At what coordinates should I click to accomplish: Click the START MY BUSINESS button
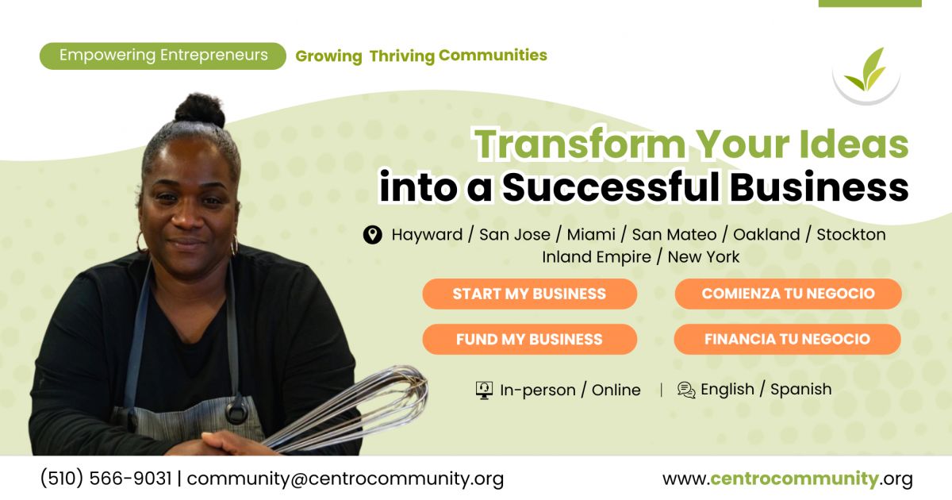(530, 294)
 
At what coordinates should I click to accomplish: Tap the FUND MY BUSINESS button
(530, 340)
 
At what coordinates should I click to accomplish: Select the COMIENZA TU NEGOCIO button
(788, 294)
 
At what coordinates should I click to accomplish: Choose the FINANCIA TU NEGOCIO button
(787, 339)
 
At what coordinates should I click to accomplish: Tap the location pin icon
(372, 235)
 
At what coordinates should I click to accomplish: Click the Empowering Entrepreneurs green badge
(163, 56)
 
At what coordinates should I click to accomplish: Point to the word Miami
(591, 235)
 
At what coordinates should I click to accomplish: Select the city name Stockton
(851, 235)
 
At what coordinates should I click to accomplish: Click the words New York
(704, 257)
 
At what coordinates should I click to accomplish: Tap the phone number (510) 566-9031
(106, 479)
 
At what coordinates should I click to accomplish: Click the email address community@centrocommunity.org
(345, 479)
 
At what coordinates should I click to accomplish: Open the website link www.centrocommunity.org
(788, 479)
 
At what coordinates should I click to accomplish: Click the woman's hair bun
(200, 110)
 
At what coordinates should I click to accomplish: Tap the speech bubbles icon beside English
(686, 390)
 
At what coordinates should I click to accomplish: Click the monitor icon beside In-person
(484, 390)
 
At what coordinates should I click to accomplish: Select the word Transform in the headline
(580, 144)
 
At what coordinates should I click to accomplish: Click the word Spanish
(801, 390)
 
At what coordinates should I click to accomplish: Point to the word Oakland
(766, 235)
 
